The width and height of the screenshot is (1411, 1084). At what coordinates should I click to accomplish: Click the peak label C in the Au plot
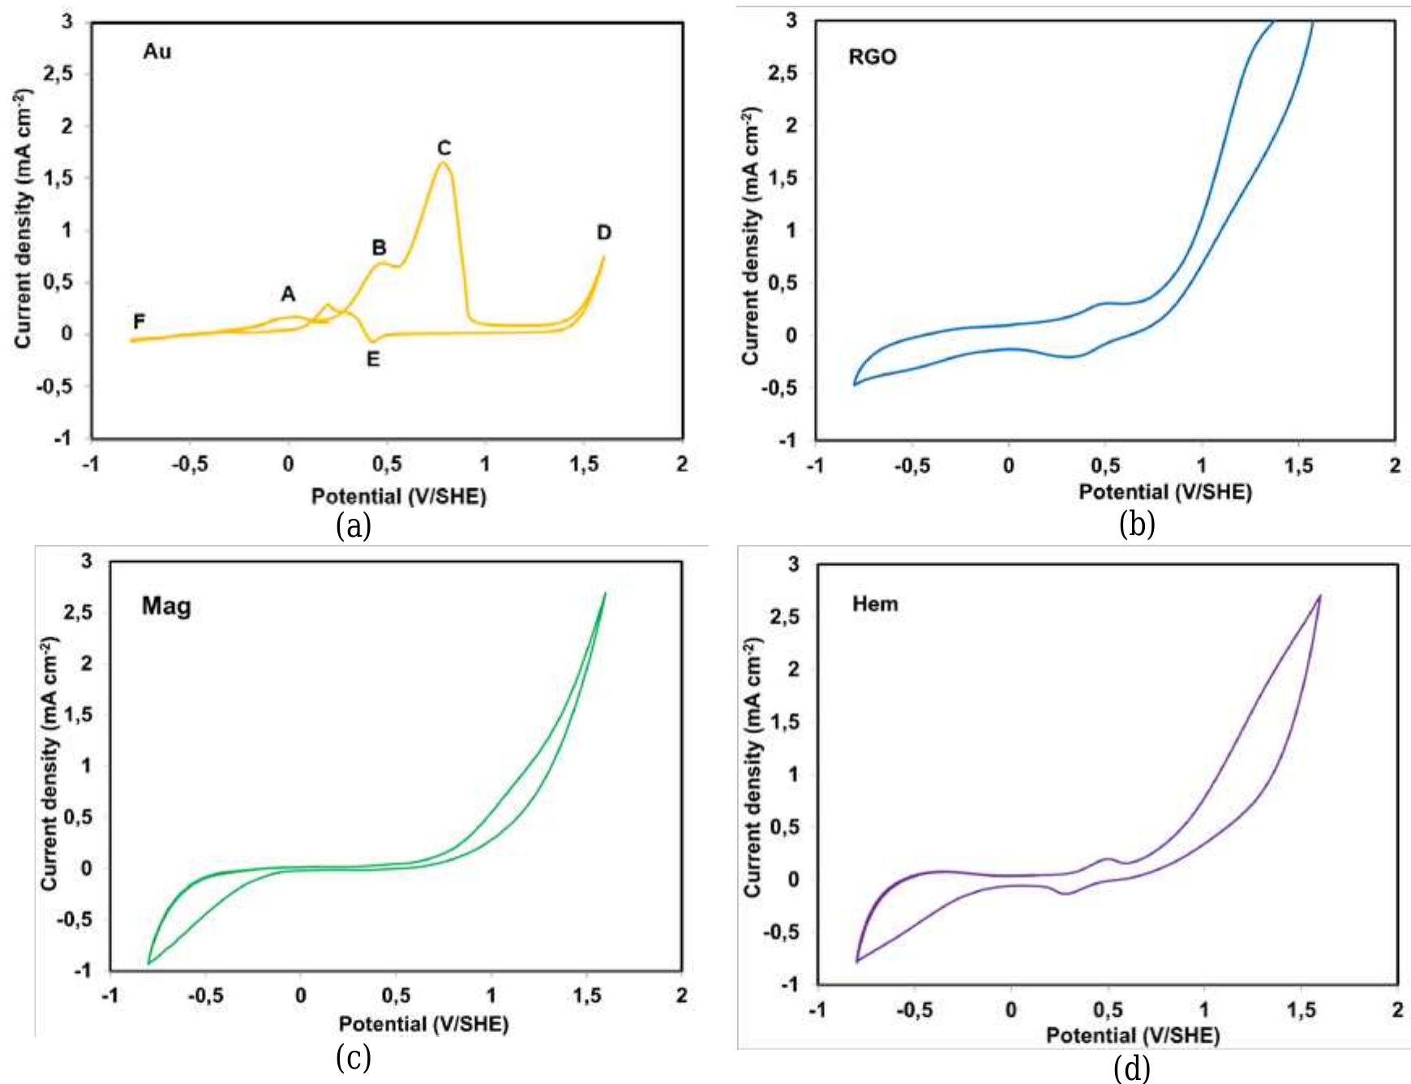tap(444, 148)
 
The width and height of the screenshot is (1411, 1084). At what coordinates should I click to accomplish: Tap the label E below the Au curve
tap(373, 358)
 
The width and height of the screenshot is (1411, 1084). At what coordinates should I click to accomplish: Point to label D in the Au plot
tap(604, 234)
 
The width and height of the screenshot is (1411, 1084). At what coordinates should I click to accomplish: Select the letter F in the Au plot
tap(139, 322)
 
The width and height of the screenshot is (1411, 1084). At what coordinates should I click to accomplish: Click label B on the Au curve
tap(379, 247)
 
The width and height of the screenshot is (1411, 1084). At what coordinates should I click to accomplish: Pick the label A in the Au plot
tap(288, 294)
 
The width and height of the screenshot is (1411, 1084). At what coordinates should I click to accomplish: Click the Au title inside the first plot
tap(157, 52)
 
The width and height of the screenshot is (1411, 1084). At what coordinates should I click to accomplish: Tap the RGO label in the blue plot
tap(873, 57)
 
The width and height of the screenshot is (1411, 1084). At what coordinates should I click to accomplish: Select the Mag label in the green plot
tap(166, 606)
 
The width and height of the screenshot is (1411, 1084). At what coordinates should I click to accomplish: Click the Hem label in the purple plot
tap(875, 604)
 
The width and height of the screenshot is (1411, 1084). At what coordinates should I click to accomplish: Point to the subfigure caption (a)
tap(354, 526)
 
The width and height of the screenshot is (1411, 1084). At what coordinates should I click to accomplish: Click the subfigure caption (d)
tap(1132, 1069)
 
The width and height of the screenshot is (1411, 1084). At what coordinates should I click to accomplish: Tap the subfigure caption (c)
tap(354, 1057)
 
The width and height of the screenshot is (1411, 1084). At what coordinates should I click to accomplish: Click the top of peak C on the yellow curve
tap(443, 163)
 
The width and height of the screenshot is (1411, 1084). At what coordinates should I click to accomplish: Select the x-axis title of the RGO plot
tap(1164, 491)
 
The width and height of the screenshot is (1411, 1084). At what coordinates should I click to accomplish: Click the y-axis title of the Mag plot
tap(50, 764)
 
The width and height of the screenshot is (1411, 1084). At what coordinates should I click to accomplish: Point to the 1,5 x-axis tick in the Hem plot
tap(1301, 1010)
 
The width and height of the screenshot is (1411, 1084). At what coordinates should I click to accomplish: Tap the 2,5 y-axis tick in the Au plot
tap(58, 74)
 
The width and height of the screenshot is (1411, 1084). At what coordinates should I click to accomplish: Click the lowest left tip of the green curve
tap(149, 963)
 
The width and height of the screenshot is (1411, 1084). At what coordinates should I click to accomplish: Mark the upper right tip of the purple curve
tap(1320, 596)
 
